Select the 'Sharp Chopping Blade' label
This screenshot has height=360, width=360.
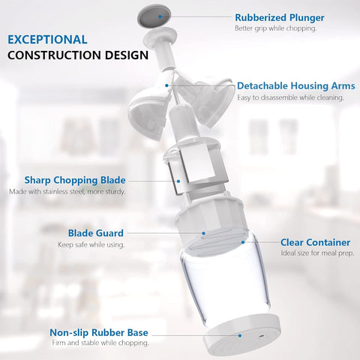pyautogui.click(x=74, y=180)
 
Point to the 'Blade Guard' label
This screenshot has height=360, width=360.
pyautogui.click(x=95, y=233)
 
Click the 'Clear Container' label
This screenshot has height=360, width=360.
pyautogui.click(x=315, y=242)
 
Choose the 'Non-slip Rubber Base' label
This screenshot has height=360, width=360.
pyautogui.click(x=98, y=331)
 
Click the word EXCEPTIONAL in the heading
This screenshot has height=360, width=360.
pyautogui.click(x=58, y=39)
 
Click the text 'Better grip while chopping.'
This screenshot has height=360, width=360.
pyautogui.click(x=275, y=28)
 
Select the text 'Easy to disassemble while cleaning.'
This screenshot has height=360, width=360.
pyautogui.click(x=290, y=97)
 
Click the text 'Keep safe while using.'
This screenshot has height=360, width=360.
pyautogui.click(x=91, y=245)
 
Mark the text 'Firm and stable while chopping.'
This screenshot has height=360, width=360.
pyautogui.click(x=99, y=343)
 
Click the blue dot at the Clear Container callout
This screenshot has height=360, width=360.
pyautogui.click(x=243, y=241)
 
